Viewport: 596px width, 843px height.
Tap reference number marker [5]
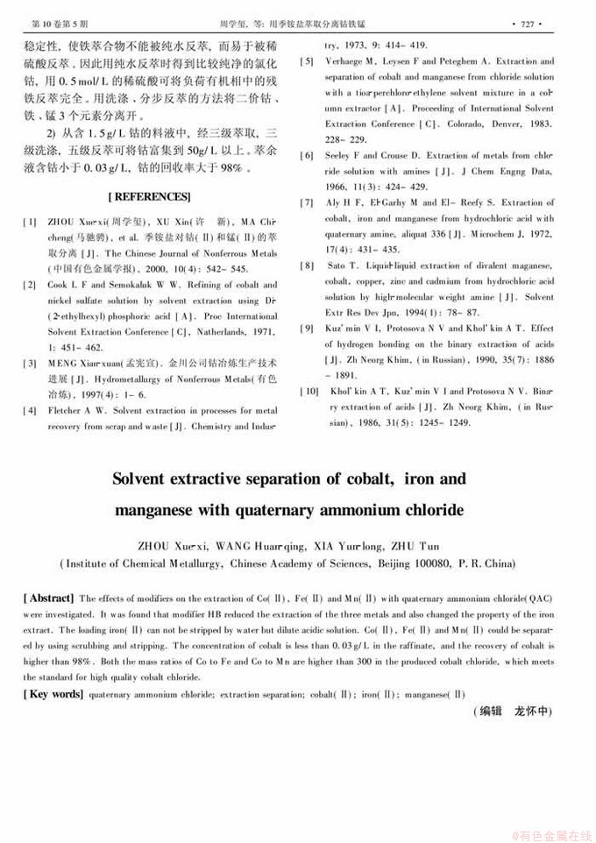point(308,62)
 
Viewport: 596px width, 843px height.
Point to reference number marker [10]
point(309,390)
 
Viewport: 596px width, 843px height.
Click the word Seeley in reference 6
point(341,156)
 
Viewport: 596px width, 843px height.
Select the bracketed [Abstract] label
point(49,598)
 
